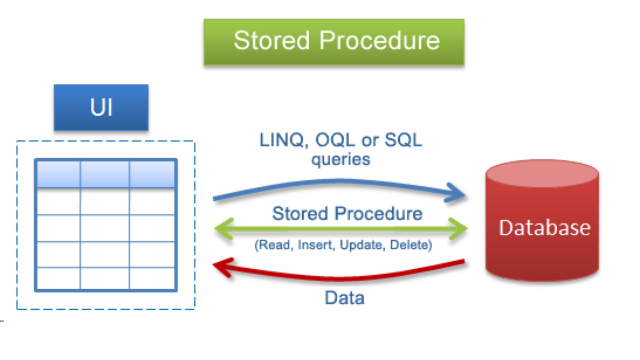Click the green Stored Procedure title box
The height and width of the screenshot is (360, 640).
coord(334,42)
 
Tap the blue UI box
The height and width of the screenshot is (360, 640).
coord(101,107)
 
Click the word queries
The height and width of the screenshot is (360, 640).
coord(341,159)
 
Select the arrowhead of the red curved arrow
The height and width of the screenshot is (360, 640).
coord(222,267)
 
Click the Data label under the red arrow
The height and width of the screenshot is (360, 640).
coord(344,298)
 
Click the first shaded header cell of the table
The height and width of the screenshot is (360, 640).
coord(58,174)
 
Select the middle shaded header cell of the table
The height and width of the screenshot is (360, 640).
coord(105,174)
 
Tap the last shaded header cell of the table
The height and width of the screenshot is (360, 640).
coord(152,174)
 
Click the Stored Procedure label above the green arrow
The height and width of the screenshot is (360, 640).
coord(347,213)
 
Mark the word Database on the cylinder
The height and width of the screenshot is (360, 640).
coord(545,228)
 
